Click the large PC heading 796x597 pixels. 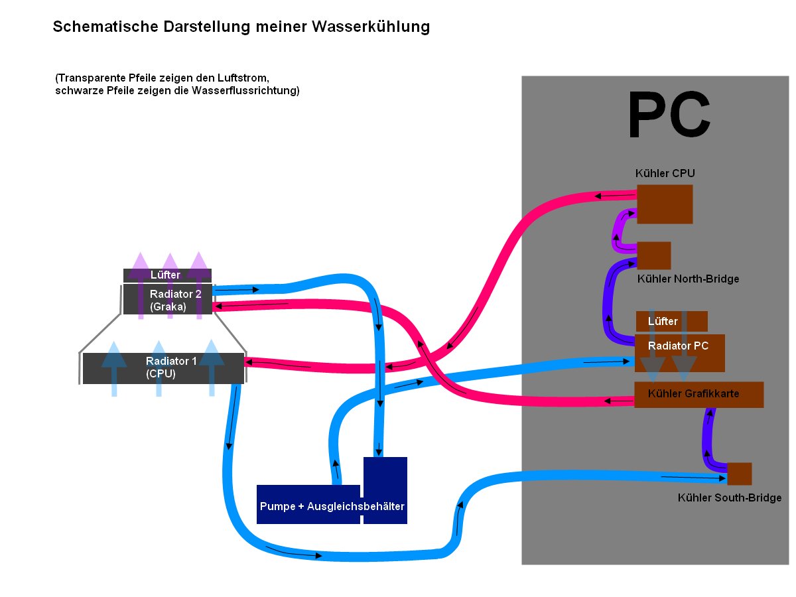[669, 116]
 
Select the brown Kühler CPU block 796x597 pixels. [665, 204]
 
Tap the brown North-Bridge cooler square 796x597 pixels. [653, 255]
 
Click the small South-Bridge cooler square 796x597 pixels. [739, 474]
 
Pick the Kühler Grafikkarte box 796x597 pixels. [698, 395]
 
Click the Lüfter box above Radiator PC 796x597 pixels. [671, 321]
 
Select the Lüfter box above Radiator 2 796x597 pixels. [166, 275]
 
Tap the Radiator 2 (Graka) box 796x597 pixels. [166, 299]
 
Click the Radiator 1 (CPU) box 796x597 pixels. [163, 368]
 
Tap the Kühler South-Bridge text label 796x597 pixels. [729, 497]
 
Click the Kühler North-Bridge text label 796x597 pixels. [688, 279]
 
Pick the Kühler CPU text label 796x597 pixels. [665, 174]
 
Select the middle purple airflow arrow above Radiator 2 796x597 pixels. [170, 285]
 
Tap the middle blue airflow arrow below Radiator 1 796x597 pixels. [159, 369]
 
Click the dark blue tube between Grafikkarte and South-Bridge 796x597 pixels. [707, 438]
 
